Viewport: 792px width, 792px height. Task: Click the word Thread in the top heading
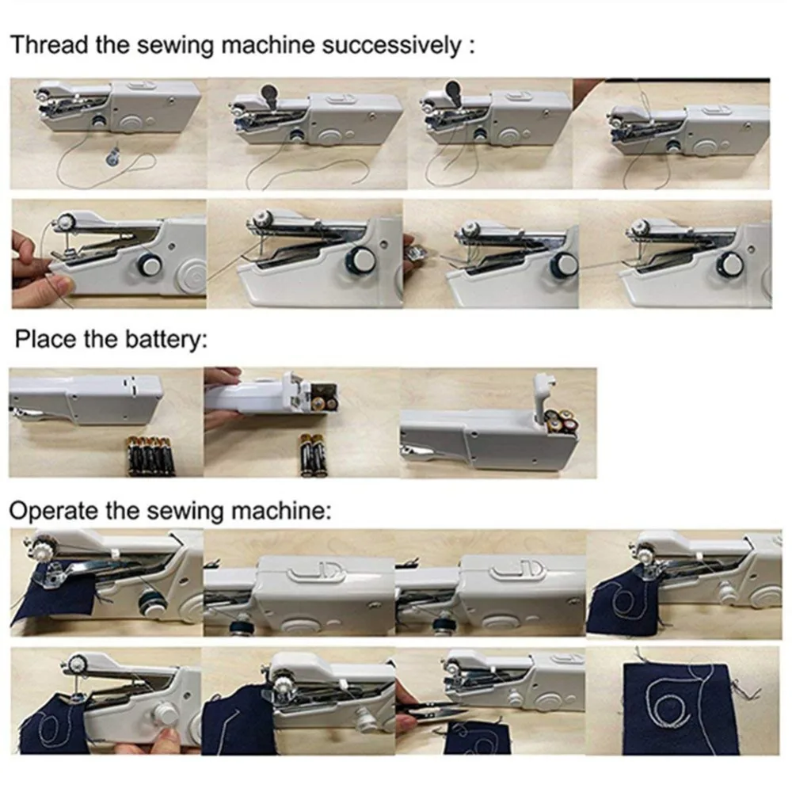[48, 44]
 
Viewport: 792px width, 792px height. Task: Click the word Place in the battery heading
[45, 341]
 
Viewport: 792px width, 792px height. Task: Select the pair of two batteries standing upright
[311, 454]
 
